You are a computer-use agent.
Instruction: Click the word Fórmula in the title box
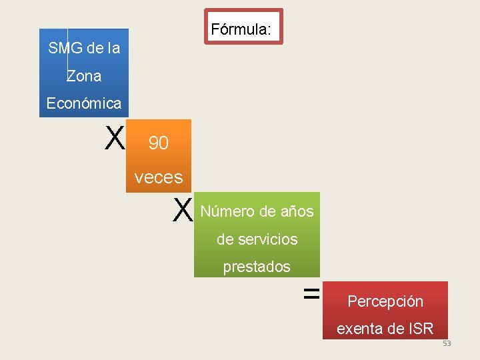[239, 30]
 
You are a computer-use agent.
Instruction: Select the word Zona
[84, 76]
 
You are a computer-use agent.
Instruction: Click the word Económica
[84, 103]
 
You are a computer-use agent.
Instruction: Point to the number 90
[158, 143]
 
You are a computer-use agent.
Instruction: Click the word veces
[158, 177]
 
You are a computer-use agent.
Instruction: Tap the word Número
[227, 212]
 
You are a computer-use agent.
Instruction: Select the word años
[297, 212]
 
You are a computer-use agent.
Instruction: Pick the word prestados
[257, 267]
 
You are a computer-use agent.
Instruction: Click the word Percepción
[385, 301]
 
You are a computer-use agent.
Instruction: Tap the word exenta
[361, 329]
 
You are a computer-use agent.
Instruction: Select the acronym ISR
[420, 329]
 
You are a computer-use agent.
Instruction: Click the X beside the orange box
[115, 139]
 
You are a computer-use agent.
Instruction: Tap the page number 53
[447, 343]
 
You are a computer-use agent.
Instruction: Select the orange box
[159, 157]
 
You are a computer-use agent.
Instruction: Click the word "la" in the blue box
[113, 49]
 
